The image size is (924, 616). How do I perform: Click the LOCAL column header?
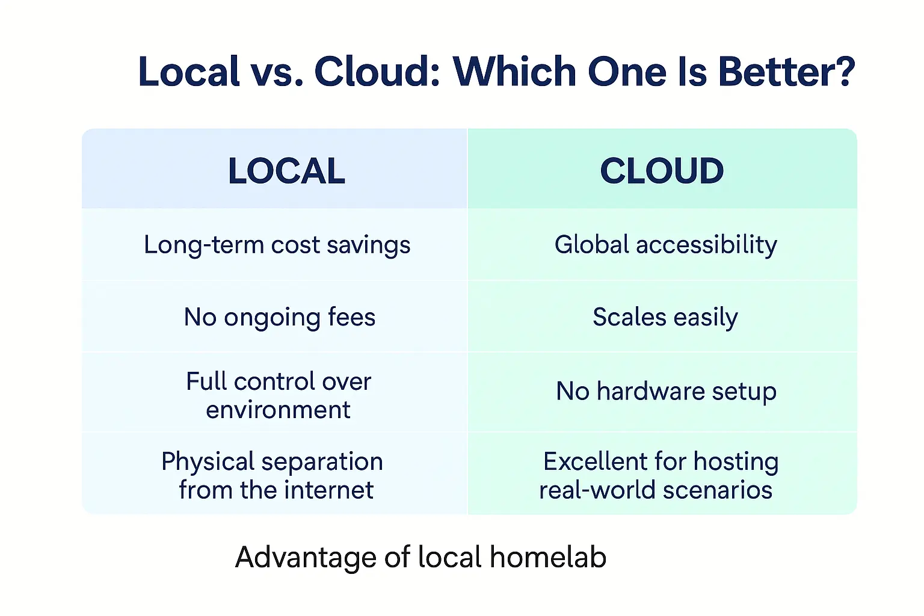pyautogui.click(x=286, y=171)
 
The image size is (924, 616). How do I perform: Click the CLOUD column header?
pyautogui.click(x=662, y=171)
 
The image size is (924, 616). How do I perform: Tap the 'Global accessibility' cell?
pyautogui.click(x=665, y=245)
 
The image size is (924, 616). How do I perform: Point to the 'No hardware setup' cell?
pyautogui.click(x=666, y=392)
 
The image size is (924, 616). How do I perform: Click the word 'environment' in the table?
pyautogui.click(x=278, y=410)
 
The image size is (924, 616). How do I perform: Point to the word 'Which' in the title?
pyautogui.click(x=515, y=72)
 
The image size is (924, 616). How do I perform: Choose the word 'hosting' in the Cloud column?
pyautogui.click(x=736, y=462)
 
